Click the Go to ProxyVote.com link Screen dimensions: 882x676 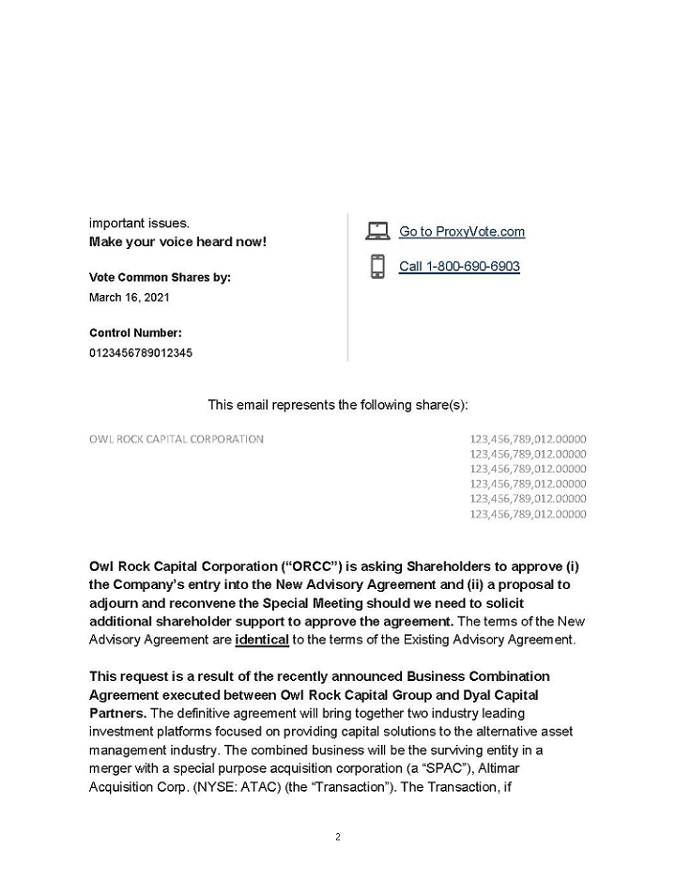click(x=462, y=232)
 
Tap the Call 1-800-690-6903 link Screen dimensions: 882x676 click(x=459, y=267)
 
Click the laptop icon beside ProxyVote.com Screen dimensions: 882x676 click(x=377, y=231)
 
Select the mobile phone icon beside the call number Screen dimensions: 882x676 click(x=377, y=267)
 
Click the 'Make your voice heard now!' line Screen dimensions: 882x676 click(x=177, y=242)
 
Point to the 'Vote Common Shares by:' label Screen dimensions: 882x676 click(x=160, y=278)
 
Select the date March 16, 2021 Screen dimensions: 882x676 click(x=130, y=297)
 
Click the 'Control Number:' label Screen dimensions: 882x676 click(x=135, y=333)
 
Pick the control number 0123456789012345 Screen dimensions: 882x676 click(x=141, y=352)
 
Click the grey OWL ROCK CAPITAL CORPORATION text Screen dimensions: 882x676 click(x=177, y=439)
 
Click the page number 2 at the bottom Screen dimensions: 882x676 click(x=338, y=837)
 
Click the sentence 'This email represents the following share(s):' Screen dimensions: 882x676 click(x=338, y=405)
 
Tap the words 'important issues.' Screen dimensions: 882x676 click(x=139, y=224)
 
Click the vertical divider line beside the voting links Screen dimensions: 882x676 click(x=348, y=286)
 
